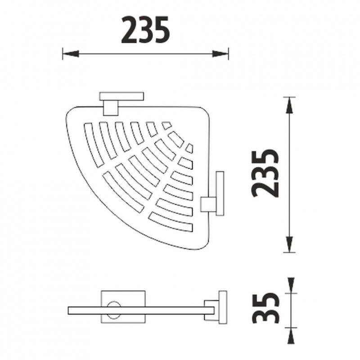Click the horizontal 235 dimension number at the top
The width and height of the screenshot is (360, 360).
tap(145, 30)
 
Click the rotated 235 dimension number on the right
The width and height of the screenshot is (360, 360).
tap(265, 174)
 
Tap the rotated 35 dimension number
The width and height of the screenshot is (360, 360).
tap(265, 307)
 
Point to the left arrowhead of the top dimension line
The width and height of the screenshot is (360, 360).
tap(71, 54)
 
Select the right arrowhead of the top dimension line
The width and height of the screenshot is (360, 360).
tap(220, 54)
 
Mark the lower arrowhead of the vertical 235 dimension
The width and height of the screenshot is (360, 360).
tap(289, 244)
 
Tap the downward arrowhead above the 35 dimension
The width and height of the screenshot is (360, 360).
tap(291, 285)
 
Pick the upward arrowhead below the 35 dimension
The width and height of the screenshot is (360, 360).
tap(291, 336)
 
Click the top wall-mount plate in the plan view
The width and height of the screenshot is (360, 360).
tap(121, 96)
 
